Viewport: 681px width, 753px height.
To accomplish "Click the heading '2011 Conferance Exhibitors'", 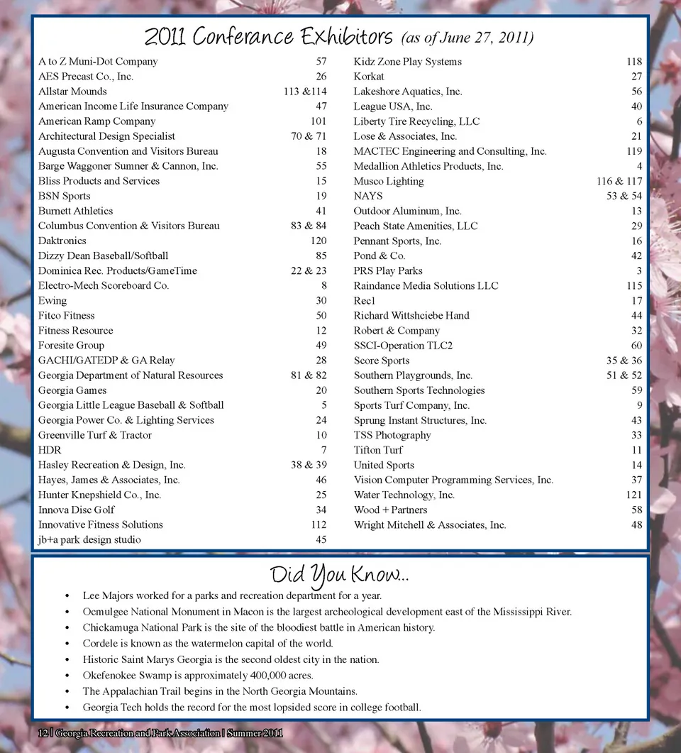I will [x=268, y=36].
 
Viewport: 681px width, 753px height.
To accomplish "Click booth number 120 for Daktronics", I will [x=319, y=241].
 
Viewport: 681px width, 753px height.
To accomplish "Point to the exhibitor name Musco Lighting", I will [x=389, y=182].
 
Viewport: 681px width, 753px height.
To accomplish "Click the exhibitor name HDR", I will [x=50, y=451].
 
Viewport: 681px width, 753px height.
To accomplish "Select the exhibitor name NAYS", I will [x=368, y=197].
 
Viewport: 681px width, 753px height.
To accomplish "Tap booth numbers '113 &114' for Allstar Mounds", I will [x=305, y=92].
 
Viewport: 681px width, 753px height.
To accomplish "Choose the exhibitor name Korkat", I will [x=369, y=77].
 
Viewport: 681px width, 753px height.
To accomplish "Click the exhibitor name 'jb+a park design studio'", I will [x=89, y=540].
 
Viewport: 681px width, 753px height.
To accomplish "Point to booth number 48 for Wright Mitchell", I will [x=636, y=525].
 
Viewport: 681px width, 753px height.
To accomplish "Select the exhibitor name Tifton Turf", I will [x=378, y=451].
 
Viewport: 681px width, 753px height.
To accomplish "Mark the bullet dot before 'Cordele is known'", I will [x=67, y=644].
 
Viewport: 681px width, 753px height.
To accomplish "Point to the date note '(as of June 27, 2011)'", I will [x=467, y=38].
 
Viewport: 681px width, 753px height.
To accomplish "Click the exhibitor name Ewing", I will [x=52, y=301].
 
